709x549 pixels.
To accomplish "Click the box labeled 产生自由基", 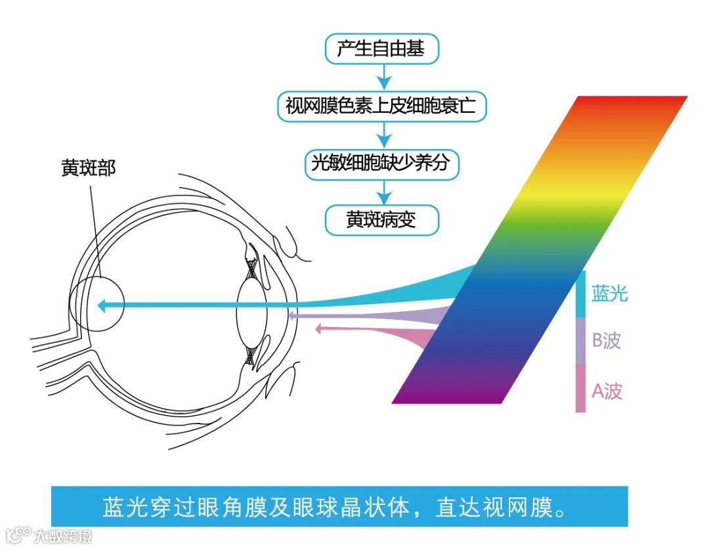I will click(381, 50).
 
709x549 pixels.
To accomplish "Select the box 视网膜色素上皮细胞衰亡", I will click(381, 106).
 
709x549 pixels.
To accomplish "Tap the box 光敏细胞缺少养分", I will click(381, 163).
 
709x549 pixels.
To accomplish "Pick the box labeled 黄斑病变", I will click(381, 220).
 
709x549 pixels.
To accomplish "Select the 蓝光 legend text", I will click(610, 293).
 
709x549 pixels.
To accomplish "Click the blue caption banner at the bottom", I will click(339, 507).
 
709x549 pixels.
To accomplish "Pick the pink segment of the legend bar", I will click(580, 389).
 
